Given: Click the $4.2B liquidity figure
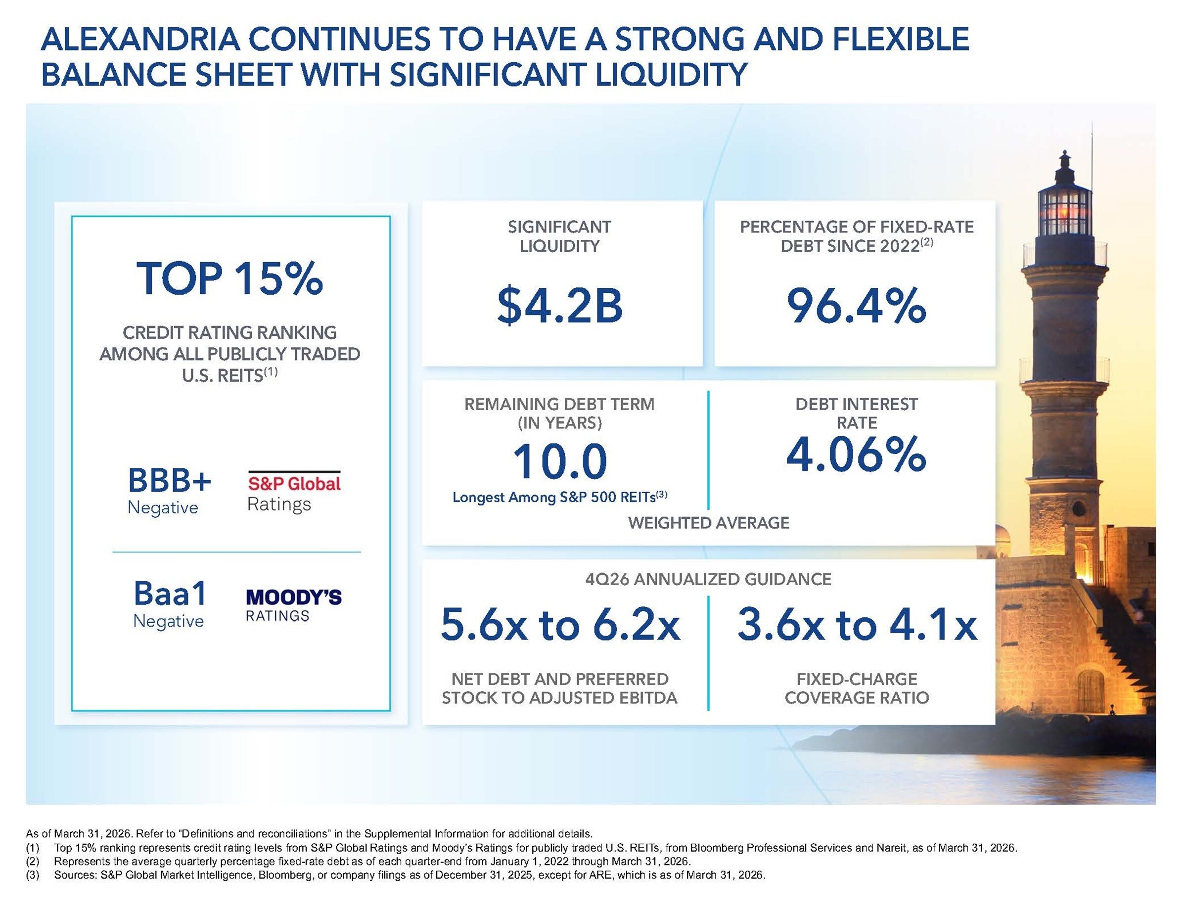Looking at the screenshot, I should [559, 306].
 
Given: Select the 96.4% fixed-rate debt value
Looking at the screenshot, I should [856, 306].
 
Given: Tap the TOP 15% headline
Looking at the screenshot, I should [230, 279].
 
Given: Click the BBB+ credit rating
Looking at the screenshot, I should [169, 480].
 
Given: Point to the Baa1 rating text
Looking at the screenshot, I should [170, 593].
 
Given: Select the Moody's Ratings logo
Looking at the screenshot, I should [294, 605].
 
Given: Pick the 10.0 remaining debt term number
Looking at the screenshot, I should [559, 461].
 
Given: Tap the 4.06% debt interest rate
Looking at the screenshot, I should [856, 454].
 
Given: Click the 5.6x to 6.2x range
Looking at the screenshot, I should [559, 625].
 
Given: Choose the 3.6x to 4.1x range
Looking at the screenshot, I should [857, 625].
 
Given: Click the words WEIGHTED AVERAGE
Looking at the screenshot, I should [708, 523].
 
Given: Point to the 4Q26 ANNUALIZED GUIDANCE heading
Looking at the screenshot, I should [708, 579].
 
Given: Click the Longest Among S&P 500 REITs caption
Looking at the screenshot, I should [559, 497].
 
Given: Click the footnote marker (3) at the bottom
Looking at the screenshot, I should [33, 875].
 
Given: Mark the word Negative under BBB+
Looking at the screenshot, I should [163, 507].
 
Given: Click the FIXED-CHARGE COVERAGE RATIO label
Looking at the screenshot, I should [857, 688].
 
